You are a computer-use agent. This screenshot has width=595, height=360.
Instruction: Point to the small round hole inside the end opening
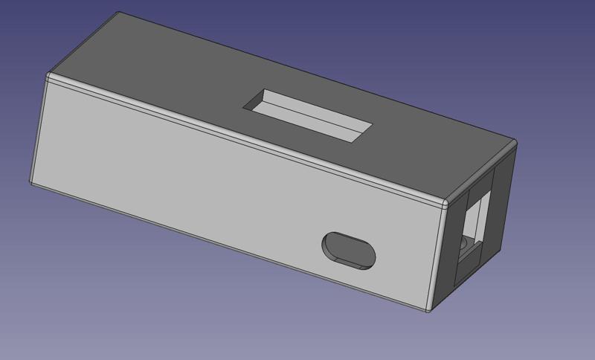point(463,243)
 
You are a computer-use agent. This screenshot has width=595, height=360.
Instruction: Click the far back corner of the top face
point(120,13)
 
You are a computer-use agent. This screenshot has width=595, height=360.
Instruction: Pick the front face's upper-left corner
point(50,76)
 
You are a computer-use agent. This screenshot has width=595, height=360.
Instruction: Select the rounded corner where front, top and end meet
point(444,202)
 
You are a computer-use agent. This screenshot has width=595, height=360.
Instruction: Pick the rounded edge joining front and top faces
point(245,137)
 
